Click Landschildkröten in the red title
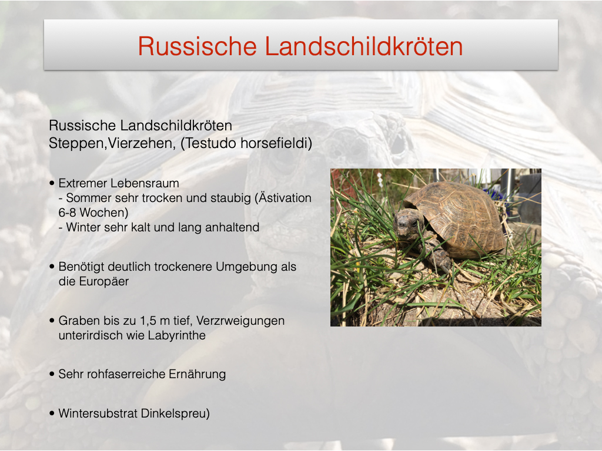(363, 46)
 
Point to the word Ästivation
(285, 198)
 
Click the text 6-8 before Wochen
(67, 213)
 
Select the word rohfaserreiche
(126, 374)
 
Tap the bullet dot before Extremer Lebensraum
(52, 183)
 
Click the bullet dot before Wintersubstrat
(52, 413)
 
